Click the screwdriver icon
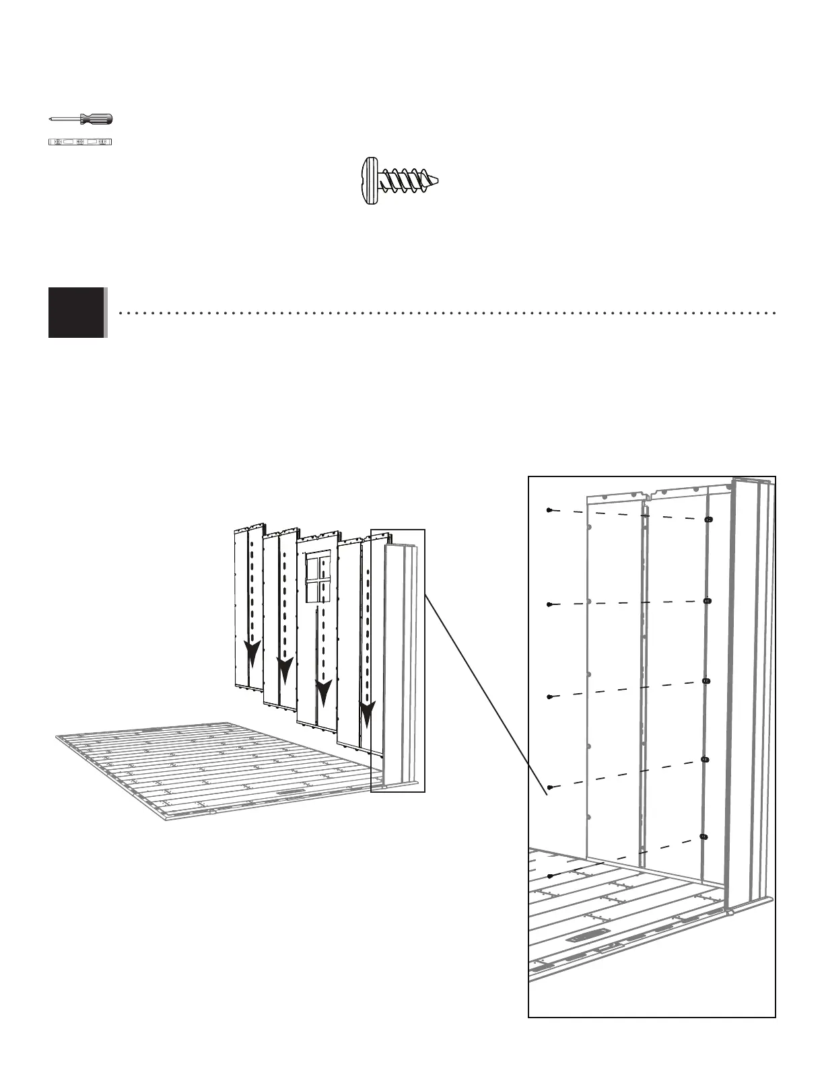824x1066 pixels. click(x=81, y=119)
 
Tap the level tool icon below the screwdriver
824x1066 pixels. click(x=81, y=142)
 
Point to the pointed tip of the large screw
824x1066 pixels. click(x=438, y=180)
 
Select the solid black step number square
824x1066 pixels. click(x=77, y=312)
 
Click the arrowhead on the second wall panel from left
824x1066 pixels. click(x=285, y=670)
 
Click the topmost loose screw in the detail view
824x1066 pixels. click(x=550, y=511)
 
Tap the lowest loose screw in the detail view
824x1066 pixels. click(x=550, y=876)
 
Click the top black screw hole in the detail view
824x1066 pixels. click(x=708, y=520)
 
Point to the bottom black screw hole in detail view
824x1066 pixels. click(x=703, y=837)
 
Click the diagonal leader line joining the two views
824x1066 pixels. click(x=485, y=686)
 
